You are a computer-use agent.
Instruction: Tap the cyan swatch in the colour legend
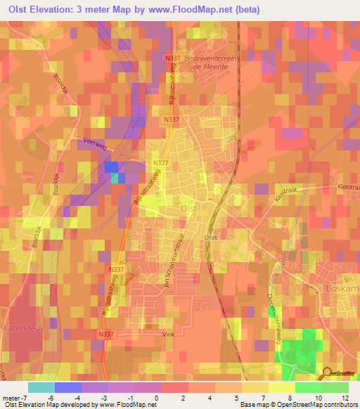(x=41, y=387)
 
